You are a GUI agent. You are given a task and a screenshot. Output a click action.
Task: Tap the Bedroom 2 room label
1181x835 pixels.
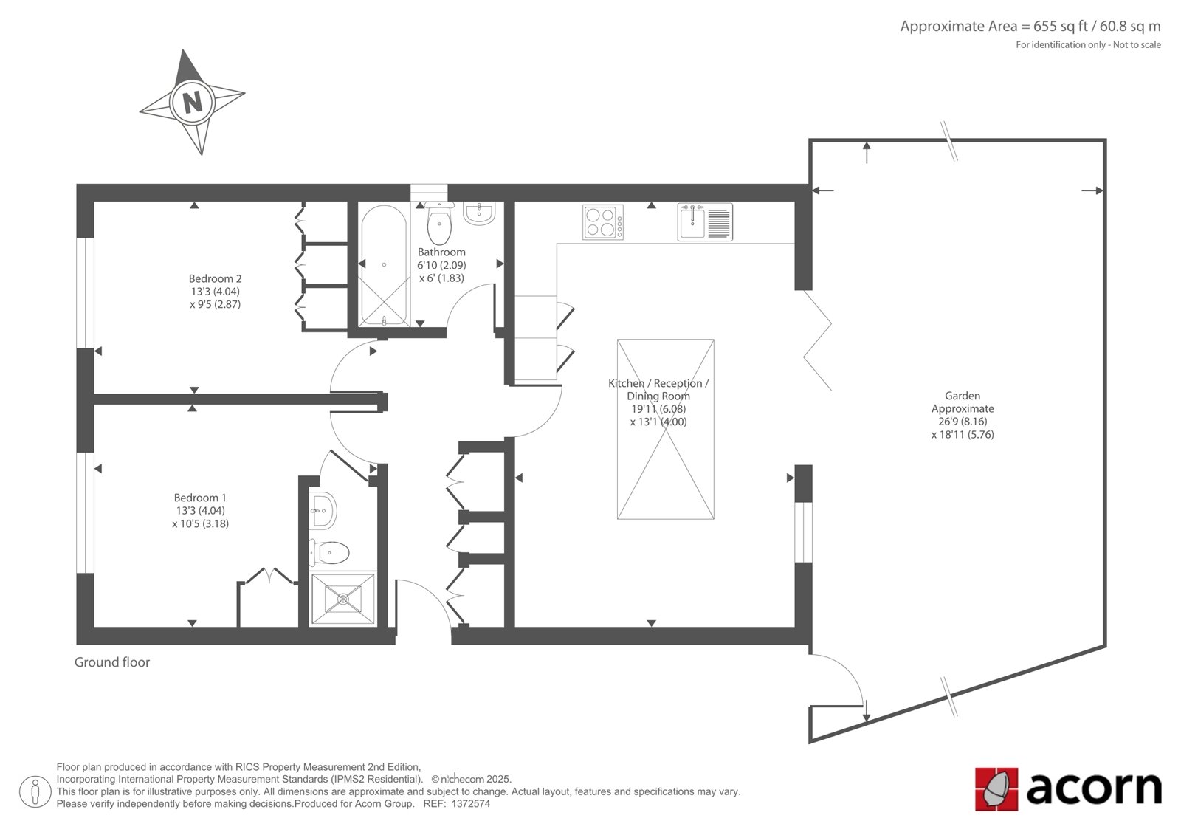point(215,278)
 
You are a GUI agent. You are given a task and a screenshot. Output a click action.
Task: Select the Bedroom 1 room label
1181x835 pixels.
point(200,498)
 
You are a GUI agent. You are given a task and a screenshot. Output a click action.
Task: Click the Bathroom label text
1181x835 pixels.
point(441,252)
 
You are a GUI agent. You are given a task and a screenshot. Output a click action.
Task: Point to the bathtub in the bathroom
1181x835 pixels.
point(385,265)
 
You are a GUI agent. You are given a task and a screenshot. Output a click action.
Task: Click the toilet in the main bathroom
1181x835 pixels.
point(438,223)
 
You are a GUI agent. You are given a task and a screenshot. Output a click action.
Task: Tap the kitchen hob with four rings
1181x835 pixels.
point(603,222)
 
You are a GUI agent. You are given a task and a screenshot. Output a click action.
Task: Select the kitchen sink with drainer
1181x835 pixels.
point(705,222)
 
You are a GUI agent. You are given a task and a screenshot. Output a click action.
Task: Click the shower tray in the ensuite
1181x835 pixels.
point(343,599)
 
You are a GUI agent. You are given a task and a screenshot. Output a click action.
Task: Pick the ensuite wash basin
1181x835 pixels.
point(322,511)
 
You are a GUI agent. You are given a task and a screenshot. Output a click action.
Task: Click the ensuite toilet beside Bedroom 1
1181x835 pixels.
point(329,552)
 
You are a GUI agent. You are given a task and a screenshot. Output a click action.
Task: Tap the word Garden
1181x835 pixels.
point(963,396)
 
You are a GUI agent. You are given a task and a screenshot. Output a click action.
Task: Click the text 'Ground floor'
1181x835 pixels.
point(111,662)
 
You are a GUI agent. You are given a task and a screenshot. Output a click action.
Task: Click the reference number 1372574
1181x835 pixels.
point(470,804)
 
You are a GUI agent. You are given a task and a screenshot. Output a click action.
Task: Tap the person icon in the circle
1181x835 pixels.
point(35,791)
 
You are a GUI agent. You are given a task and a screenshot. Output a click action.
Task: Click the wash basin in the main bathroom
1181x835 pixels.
point(479,213)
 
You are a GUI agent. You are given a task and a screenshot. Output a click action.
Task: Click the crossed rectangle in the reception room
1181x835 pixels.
point(665,429)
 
